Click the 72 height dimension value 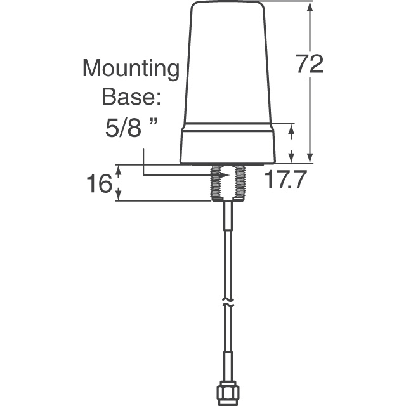[310, 64]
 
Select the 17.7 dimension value [285, 181]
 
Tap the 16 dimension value [98, 183]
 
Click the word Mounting [131, 69]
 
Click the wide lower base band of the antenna [228, 145]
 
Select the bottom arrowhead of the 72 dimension [310, 159]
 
